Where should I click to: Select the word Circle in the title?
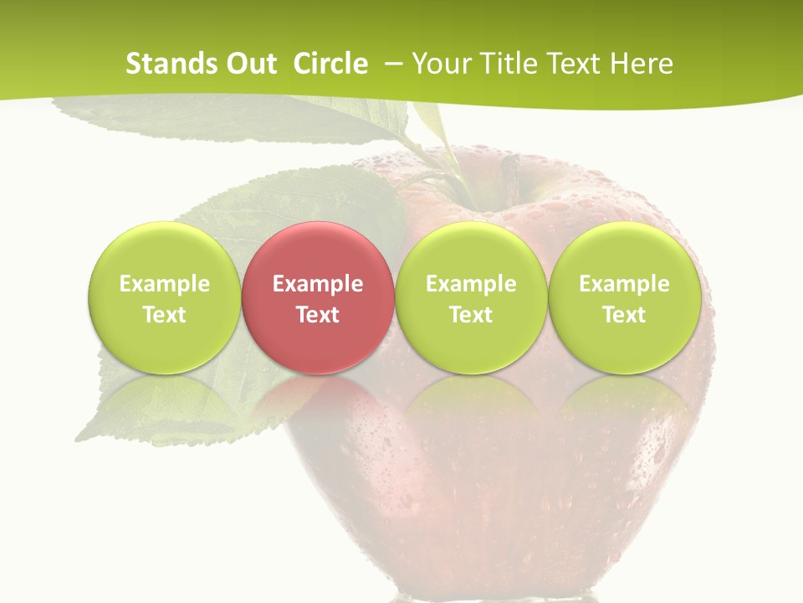(x=330, y=64)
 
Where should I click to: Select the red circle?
(x=317, y=298)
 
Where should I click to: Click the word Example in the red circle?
(x=318, y=284)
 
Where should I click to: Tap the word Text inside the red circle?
(x=318, y=315)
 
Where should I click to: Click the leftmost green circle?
(x=164, y=298)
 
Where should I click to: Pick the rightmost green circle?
(x=624, y=298)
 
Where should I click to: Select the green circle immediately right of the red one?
(x=471, y=298)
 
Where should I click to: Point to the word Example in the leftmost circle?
(x=165, y=284)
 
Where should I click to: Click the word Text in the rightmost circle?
(x=624, y=315)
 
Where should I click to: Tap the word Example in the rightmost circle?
(x=624, y=284)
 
